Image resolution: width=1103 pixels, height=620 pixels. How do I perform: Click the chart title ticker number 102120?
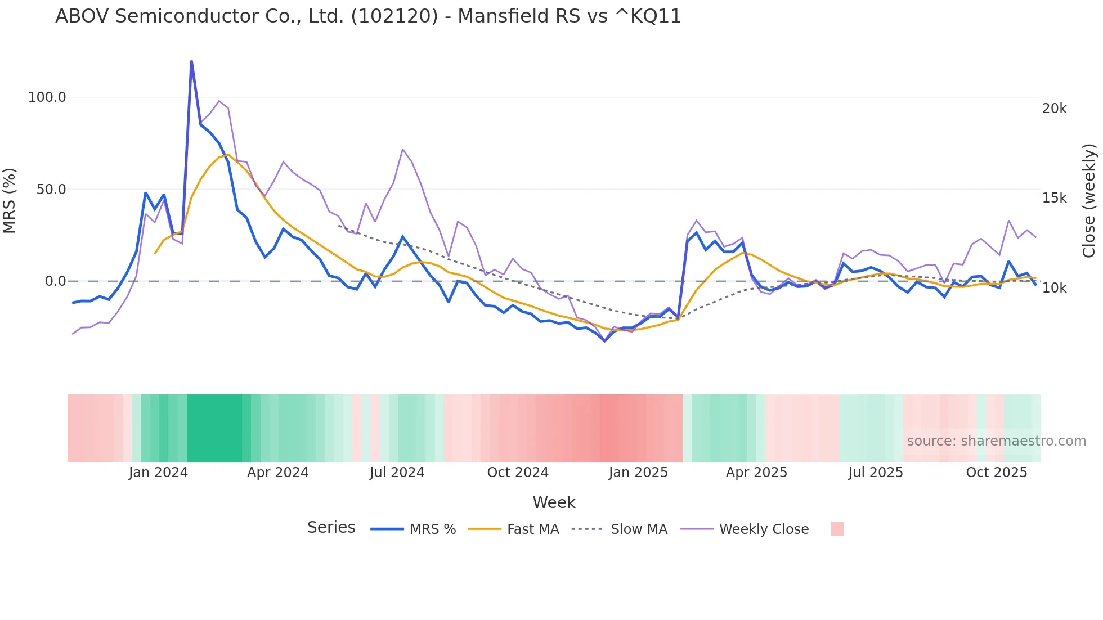[394, 16]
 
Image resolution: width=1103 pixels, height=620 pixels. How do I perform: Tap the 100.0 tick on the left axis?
[47, 97]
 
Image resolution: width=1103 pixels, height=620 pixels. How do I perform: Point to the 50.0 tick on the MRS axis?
[51, 190]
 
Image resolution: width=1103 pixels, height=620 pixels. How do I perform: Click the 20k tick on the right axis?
[1054, 109]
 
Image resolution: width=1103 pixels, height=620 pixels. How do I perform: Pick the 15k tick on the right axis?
[1054, 198]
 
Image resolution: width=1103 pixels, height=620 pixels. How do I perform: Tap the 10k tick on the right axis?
[1054, 288]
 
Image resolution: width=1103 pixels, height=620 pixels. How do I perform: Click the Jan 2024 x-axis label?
[158, 473]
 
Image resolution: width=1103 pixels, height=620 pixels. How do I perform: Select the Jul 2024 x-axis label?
[397, 473]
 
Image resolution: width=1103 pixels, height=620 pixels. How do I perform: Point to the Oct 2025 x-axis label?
[996, 473]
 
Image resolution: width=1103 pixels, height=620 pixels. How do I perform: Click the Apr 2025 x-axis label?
[756, 473]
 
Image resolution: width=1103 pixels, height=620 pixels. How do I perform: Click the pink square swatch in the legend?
[837, 529]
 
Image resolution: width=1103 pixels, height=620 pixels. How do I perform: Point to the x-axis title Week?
[554, 502]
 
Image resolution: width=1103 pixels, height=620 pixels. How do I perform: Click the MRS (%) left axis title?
[10, 200]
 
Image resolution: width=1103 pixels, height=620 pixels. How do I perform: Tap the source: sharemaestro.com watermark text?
[996, 441]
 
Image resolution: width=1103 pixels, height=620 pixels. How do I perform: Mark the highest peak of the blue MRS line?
[191, 61]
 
